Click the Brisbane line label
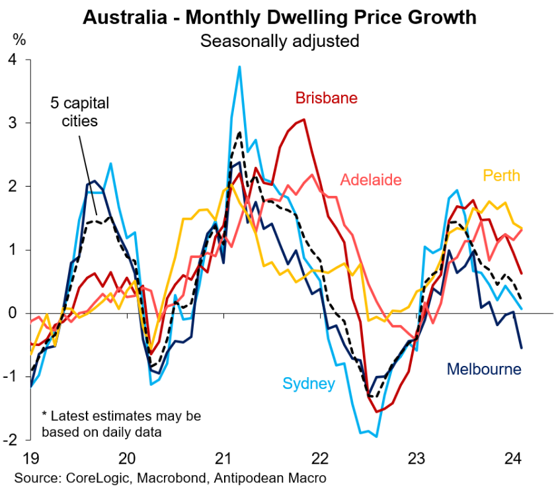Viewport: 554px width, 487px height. (326, 99)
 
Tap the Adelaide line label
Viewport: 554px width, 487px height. (371, 179)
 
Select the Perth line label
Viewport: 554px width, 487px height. (501, 175)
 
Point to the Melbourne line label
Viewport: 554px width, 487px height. (484, 369)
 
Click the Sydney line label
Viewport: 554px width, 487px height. (309, 384)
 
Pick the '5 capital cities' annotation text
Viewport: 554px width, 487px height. (79, 112)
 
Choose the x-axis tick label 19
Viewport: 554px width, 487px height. (30, 457)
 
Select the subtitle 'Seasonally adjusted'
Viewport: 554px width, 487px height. (280, 40)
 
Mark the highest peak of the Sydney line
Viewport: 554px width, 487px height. (239, 66)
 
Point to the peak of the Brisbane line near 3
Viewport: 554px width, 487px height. (303, 120)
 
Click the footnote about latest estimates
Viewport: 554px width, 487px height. (120, 424)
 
